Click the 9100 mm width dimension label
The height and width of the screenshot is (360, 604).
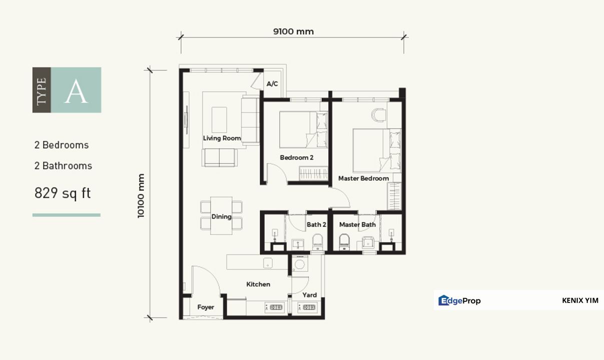tap(293, 31)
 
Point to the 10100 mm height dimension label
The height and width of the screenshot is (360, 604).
tap(141, 196)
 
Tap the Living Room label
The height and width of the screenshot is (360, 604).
tap(222, 138)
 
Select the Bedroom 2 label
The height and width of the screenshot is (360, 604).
tap(297, 157)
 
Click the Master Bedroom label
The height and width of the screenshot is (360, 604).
tap(363, 178)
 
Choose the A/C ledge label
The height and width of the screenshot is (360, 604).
tap(272, 84)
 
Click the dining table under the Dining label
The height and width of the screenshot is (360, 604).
tap(221, 215)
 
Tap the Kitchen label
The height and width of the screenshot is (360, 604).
tap(258, 284)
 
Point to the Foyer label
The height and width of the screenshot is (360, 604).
tap(206, 307)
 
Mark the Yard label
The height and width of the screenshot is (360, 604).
tap(309, 295)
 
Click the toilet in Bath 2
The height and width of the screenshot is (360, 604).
tap(318, 241)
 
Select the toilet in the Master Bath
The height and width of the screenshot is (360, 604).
tap(344, 241)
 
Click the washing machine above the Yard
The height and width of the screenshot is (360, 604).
tap(300, 264)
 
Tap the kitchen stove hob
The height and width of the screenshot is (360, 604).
tap(275, 307)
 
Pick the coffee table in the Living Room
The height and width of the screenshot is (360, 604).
tap(219, 119)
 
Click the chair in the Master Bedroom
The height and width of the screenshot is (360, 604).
tap(379, 115)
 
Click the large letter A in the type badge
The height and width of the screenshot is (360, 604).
tap(76, 91)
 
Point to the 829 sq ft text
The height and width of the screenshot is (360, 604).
tap(63, 193)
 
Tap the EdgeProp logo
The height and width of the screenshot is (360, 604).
tap(459, 300)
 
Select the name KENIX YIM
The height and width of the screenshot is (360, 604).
tap(580, 300)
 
